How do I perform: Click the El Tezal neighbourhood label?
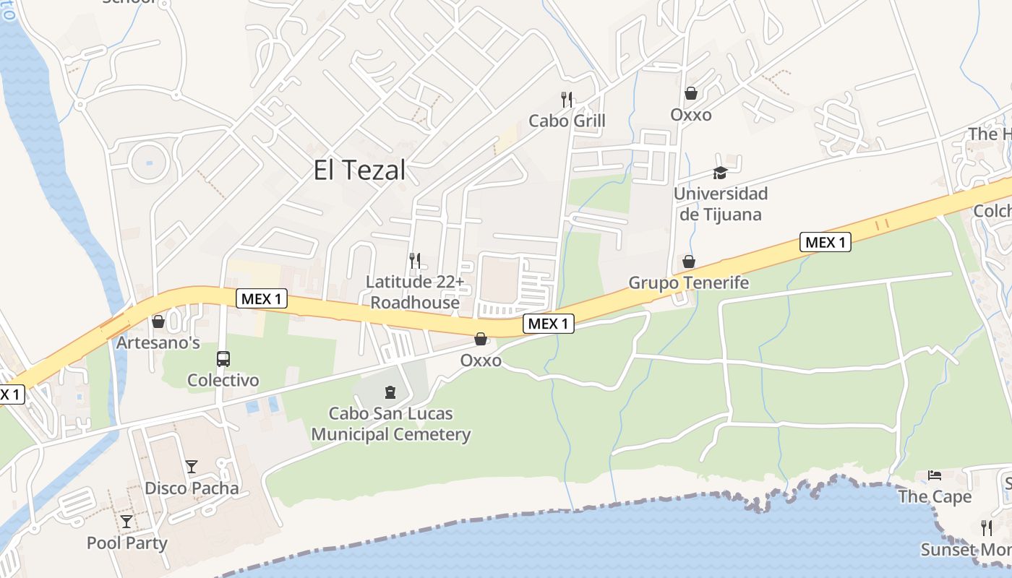(359, 171)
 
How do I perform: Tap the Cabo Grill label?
(567, 121)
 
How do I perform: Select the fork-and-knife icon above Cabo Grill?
(567, 99)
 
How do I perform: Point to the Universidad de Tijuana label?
(720, 204)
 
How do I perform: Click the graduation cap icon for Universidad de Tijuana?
(720, 173)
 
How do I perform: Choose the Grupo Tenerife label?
(688, 282)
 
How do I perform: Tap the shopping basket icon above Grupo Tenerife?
(689, 261)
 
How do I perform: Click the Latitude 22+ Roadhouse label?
(415, 292)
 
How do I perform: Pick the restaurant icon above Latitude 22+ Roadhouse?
(415, 260)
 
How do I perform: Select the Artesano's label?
(158, 342)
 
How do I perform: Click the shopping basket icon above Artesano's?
(158, 322)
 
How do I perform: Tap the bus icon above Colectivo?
(223, 358)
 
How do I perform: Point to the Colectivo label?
(223, 380)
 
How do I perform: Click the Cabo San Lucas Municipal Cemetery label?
(391, 424)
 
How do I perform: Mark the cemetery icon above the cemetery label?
(391, 392)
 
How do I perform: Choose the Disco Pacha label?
(192, 488)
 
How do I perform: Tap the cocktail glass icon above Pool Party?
(126, 521)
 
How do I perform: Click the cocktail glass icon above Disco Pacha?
(192, 467)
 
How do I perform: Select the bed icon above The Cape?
(935, 475)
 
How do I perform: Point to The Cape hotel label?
(935, 497)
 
